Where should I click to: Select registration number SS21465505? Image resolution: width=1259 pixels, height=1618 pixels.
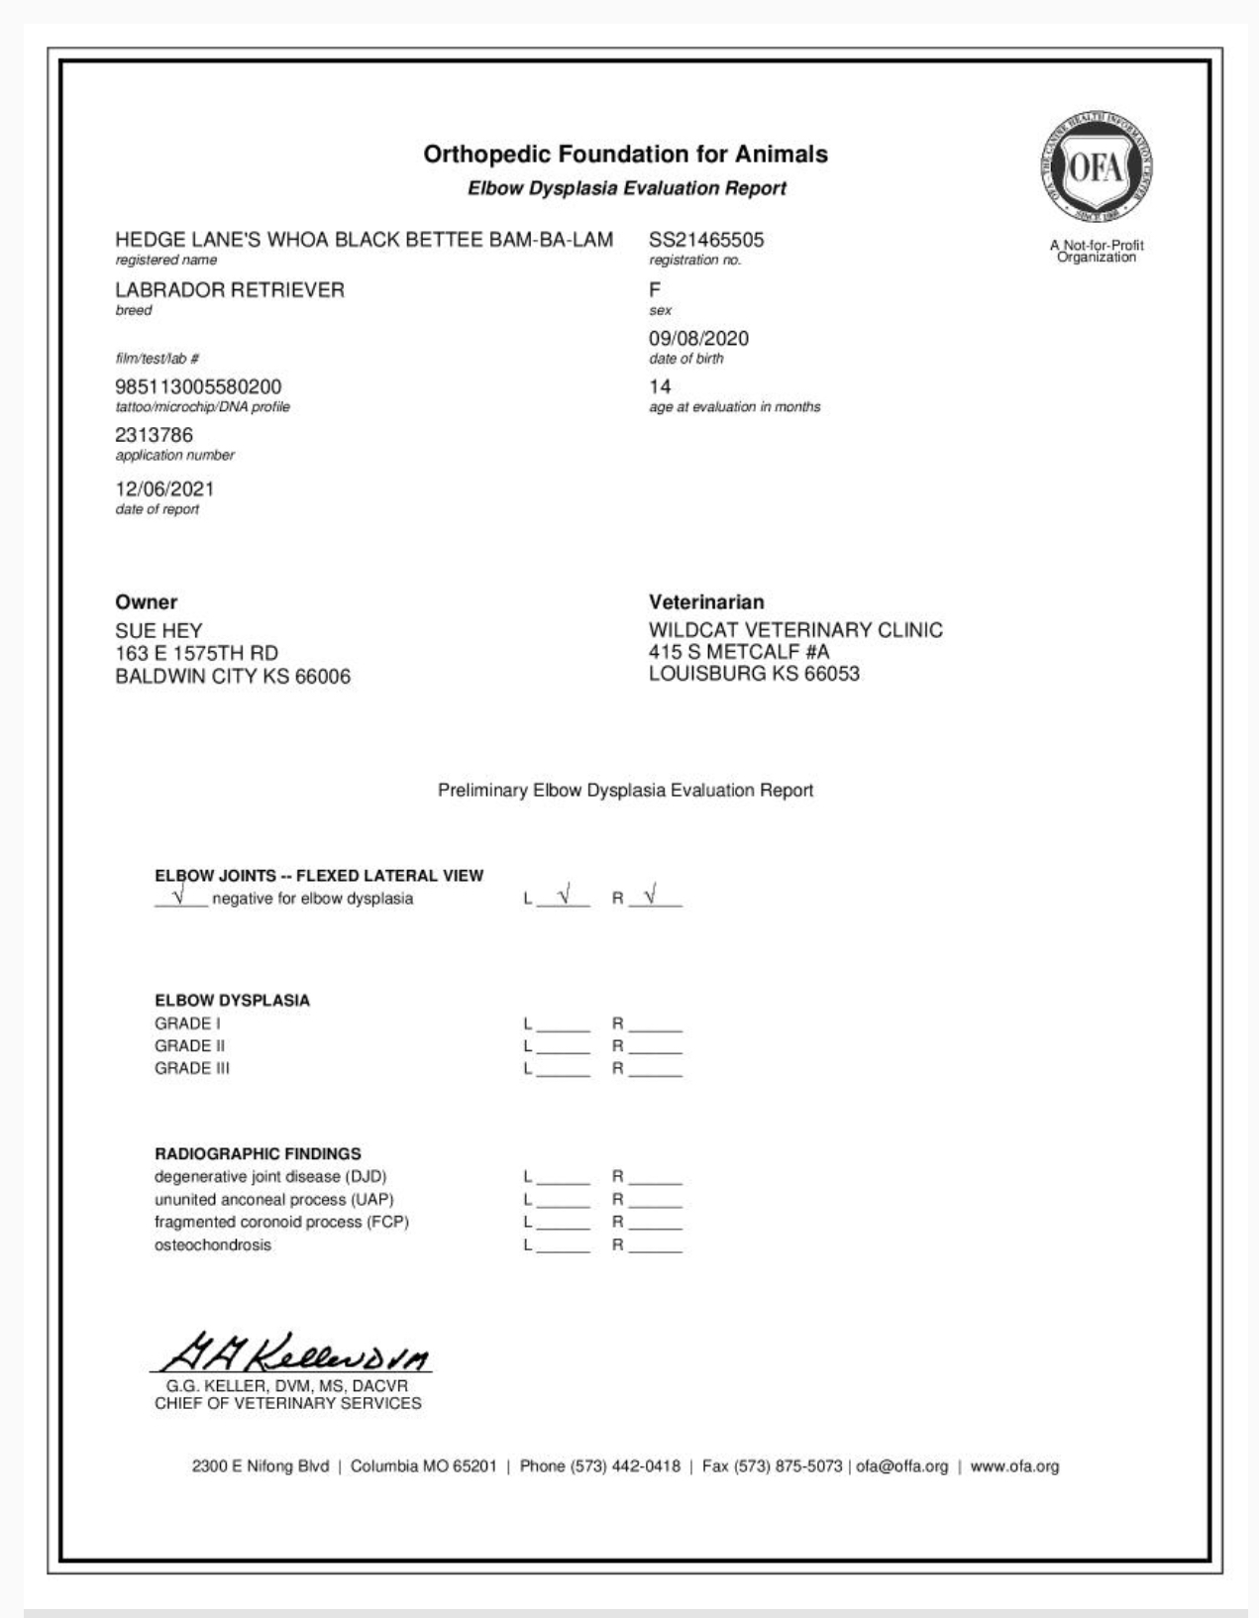(706, 240)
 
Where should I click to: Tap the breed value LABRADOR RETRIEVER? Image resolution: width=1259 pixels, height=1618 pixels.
(230, 290)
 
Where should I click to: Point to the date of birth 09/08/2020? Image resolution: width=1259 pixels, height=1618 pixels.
(698, 339)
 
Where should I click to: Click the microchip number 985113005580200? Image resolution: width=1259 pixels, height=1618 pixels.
(198, 386)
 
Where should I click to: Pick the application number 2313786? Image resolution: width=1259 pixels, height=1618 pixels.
(155, 435)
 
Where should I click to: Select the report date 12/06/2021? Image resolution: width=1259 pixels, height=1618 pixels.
(164, 488)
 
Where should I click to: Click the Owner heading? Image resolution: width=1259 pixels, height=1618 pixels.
(147, 602)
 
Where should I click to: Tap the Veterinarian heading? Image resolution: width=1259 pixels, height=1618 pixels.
(706, 602)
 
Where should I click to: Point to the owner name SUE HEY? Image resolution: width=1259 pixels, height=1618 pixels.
(158, 631)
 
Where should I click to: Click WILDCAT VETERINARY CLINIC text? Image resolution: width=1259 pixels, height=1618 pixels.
(795, 630)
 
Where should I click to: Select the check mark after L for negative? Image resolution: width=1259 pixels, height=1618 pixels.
(564, 896)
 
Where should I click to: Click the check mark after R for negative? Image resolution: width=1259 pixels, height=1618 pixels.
(651, 896)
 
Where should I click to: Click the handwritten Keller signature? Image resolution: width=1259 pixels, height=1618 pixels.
(293, 1349)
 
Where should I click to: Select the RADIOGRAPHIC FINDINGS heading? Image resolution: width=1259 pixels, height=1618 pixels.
(258, 1154)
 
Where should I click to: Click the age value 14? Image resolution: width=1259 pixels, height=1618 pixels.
(660, 386)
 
